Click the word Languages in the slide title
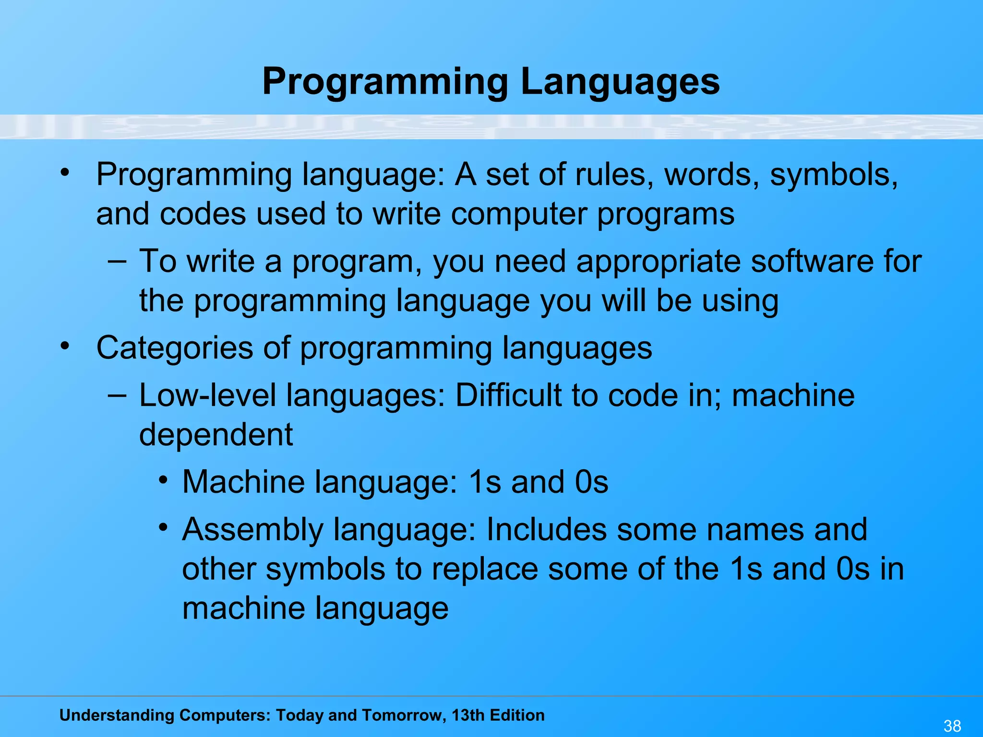(x=620, y=82)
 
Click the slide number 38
(x=952, y=726)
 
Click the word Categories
(x=175, y=348)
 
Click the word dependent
(x=216, y=435)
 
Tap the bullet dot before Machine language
(x=164, y=480)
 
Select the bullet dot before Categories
(x=65, y=345)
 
